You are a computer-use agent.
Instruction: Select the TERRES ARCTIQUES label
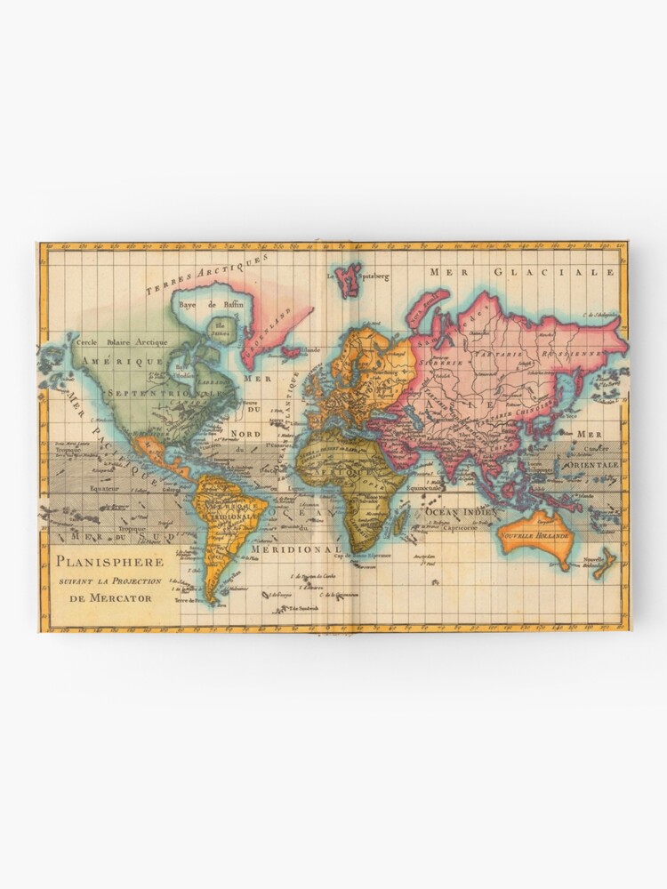pyautogui.click(x=207, y=274)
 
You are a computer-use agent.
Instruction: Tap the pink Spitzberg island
pyautogui.click(x=347, y=279)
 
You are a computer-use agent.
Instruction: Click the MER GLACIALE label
pyautogui.click(x=522, y=272)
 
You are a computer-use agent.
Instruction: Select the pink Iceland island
pyautogui.click(x=291, y=351)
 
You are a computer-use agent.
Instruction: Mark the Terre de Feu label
pyautogui.click(x=189, y=601)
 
